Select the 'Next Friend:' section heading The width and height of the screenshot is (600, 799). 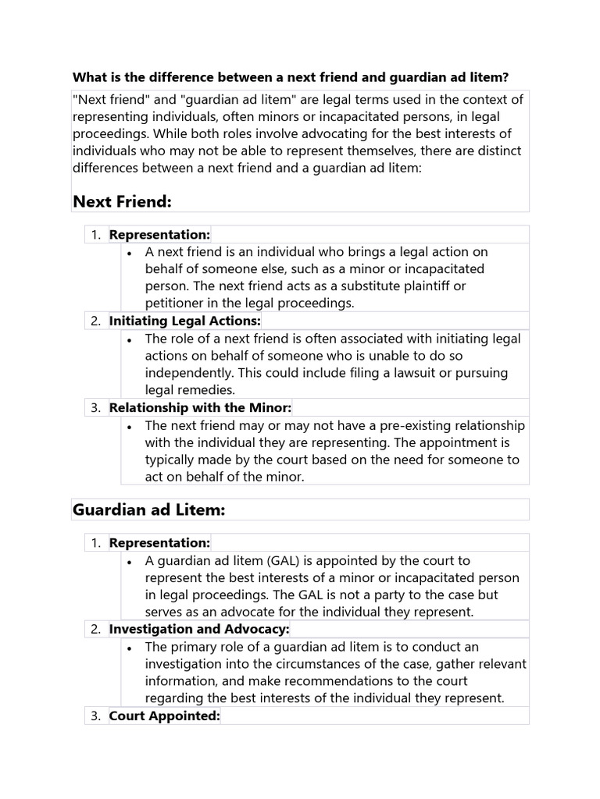[x=122, y=202]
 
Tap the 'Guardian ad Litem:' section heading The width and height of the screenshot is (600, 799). [x=148, y=510]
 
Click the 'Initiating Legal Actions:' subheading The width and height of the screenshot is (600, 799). [x=185, y=321]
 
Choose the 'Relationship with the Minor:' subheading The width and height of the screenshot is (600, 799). [x=200, y=407]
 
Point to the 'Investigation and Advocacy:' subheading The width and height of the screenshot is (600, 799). [x=199, y=629]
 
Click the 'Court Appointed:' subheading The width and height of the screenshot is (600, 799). [x=165, y=716]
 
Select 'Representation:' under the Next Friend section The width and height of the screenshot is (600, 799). [x=159, y=234]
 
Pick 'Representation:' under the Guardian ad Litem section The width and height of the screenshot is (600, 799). [x=159, y=542]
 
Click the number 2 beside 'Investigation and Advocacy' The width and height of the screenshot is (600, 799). [x=95, y=629]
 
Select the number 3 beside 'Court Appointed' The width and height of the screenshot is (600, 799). [x=95, y=716]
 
